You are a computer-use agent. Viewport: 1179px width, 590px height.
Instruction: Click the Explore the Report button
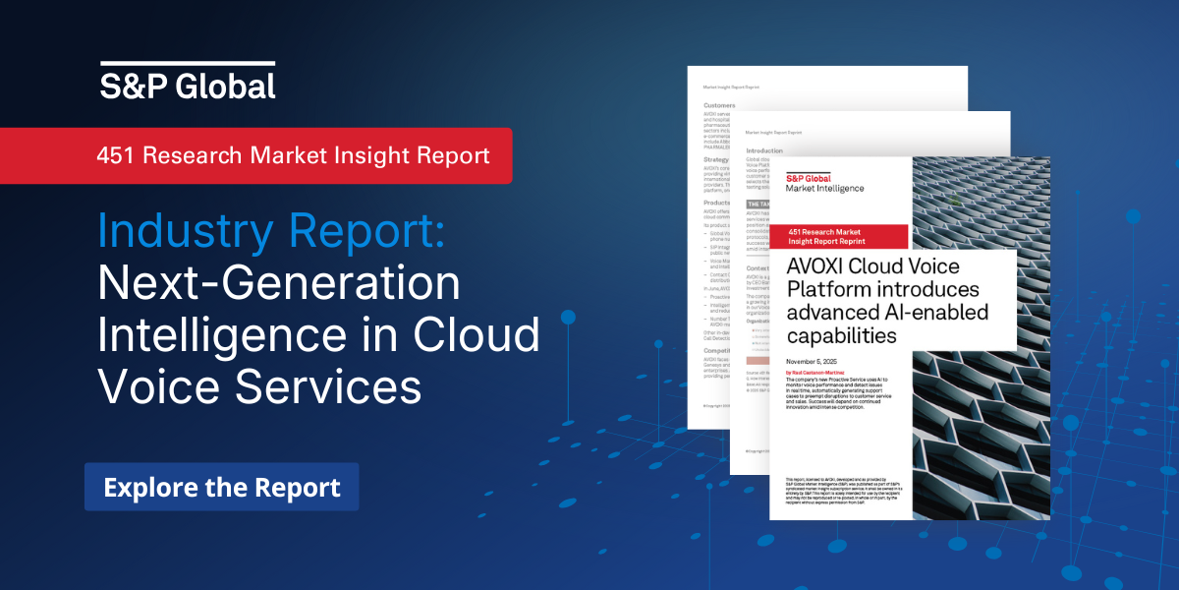[221, 487]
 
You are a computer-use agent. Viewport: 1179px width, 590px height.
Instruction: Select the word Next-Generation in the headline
[279, 284]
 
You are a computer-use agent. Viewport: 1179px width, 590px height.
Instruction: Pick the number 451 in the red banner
[116, 155]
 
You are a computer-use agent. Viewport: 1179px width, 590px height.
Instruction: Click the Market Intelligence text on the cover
[824, 188]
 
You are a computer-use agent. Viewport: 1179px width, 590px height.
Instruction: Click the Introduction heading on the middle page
[764, 151]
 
